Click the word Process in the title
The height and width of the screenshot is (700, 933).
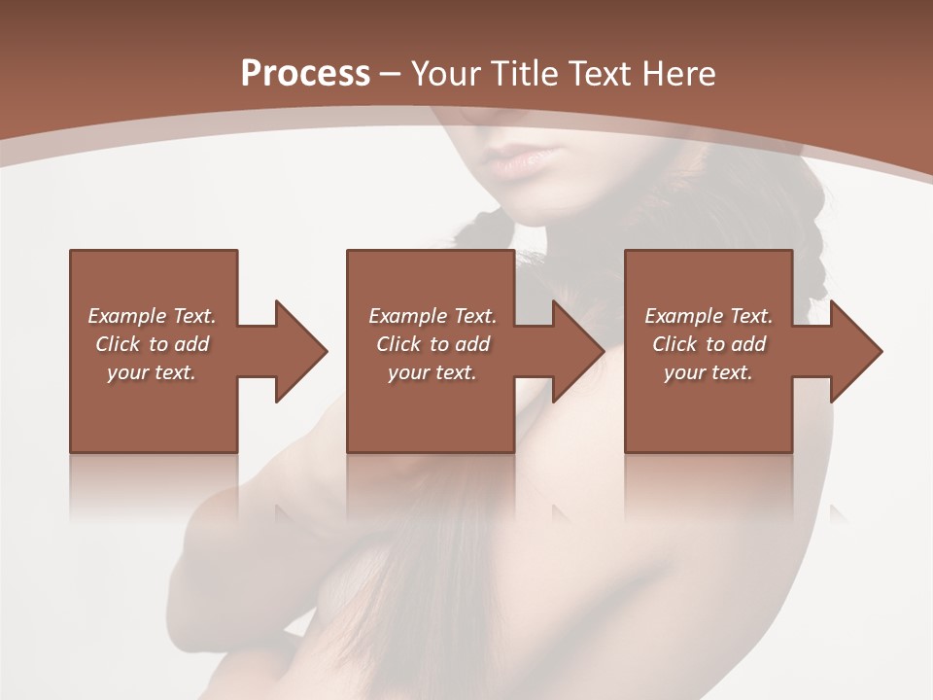305,74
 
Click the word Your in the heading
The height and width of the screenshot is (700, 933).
448,74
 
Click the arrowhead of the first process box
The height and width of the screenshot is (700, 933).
300,351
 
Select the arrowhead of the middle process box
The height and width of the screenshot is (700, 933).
578,351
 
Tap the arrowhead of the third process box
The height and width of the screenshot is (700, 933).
855,351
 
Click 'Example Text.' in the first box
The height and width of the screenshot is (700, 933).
152,316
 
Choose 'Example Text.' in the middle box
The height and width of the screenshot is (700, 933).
432,316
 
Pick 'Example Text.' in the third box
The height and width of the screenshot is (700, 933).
708,316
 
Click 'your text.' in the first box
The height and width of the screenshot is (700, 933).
152,372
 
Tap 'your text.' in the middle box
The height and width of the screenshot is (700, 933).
432,372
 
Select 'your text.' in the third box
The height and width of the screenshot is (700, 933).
708,372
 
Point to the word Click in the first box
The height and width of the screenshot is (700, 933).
118,344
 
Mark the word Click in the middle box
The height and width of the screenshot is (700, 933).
398,344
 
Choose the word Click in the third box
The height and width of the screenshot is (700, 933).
674,344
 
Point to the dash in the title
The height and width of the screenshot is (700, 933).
390,75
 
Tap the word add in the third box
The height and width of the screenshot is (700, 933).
748,344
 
